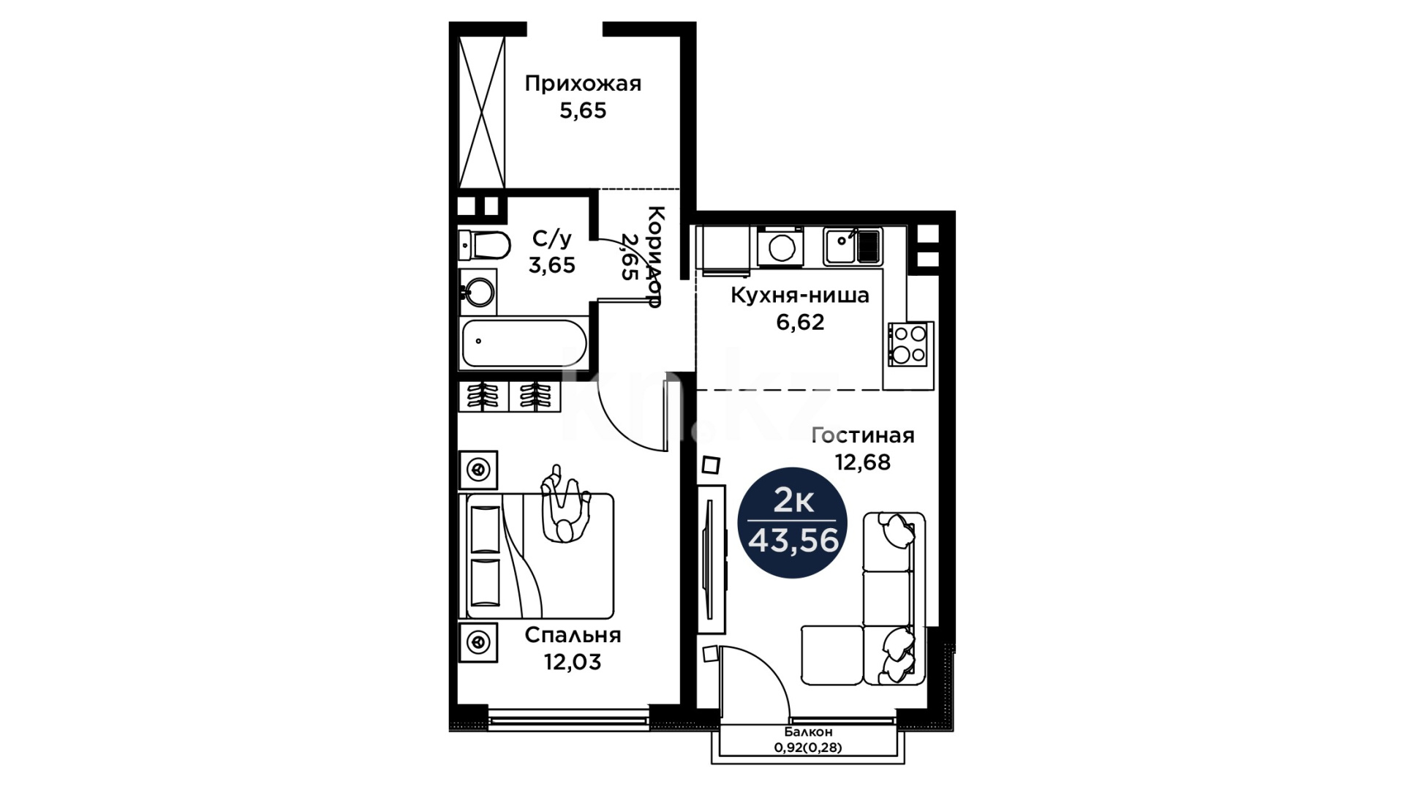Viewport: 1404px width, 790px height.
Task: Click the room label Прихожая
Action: tap(583, 84)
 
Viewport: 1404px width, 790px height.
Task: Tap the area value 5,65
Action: tap(583, 110)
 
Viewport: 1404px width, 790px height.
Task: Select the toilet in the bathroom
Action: tap(484, 245)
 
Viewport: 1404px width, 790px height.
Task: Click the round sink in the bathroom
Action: tap(478, 293)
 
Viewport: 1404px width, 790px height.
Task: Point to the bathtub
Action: tap(523, 342)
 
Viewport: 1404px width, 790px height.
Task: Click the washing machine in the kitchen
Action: tap(780, 247)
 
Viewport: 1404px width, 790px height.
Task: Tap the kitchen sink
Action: tap(853, 246)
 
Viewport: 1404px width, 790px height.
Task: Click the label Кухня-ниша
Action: tap(800, 296)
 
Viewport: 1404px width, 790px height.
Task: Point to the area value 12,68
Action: tap(863, 462)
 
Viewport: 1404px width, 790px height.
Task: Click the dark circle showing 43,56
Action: tap(793, 522)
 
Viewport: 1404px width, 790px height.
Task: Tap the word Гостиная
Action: tap(863, 435)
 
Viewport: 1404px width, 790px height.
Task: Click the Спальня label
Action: tap(573, 635)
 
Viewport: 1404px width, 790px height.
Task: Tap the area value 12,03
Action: tap(573, 662)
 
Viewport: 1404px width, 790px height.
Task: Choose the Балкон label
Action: tap(808, 732)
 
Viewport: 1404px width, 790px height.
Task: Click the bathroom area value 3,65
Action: tap(552, 266)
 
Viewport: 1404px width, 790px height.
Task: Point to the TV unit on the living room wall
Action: tap(711, 559)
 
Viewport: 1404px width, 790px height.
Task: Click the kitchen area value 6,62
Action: tap(800, 322)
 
